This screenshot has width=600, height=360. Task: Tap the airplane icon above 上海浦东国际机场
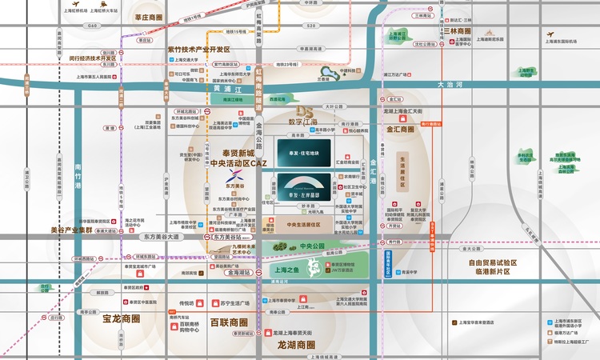(550, 34)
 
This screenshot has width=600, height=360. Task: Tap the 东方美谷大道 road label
(160, 238)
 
